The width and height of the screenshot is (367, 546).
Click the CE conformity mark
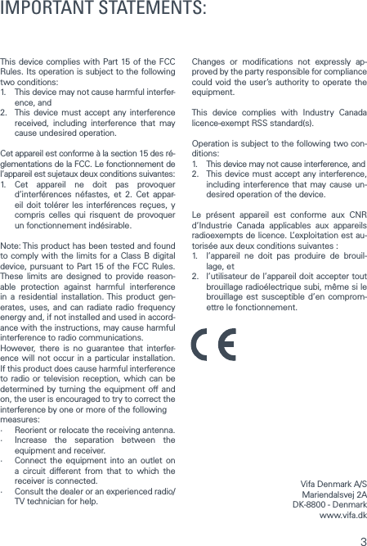coord(213,344)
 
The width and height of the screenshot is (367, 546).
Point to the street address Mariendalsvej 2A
coord(334,495)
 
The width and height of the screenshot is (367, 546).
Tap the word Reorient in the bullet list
coord(34,431)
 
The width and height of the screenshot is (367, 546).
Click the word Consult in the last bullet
coord(31,490)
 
